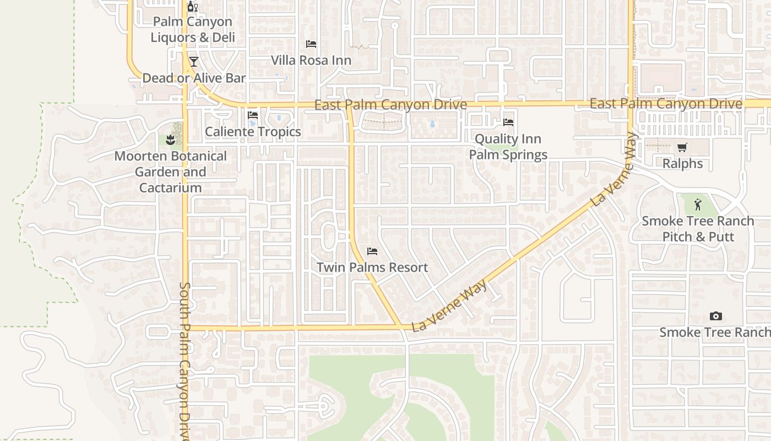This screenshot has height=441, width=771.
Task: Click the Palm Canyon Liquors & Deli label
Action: coord(192,30)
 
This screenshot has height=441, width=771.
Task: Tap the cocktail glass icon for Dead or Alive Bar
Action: coord(193,61)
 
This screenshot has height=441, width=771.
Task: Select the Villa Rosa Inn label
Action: coord(311,60)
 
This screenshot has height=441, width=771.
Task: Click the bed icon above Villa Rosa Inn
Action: coord(311,44)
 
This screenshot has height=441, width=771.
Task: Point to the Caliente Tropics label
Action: coord(253,132)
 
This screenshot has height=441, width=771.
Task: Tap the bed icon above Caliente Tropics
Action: coord(253,115)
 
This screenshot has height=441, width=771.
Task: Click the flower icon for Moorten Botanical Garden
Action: coord(170,140)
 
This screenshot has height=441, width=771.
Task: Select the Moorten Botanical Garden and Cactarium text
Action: coord(170,172)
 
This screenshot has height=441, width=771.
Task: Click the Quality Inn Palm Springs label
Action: coord(508,147)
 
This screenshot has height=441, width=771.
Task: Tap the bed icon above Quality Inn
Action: coord(508,122)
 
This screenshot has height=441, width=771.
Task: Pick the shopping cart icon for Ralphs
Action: coord(682,147)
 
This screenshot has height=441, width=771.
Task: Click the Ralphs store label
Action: coord(682,164)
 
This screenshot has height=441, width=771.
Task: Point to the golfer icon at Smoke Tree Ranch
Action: coord(698,205)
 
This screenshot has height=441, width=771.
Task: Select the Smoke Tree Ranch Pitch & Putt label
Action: coord(698,229)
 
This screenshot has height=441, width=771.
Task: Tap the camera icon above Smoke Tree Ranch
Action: coord(715,316)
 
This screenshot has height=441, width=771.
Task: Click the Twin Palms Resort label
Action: coord(372,267)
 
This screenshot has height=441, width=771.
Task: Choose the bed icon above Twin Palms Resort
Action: coord(372,251)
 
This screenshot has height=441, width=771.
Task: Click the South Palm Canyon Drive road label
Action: coord(184,361)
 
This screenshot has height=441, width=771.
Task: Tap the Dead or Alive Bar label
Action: coord(194,78)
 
